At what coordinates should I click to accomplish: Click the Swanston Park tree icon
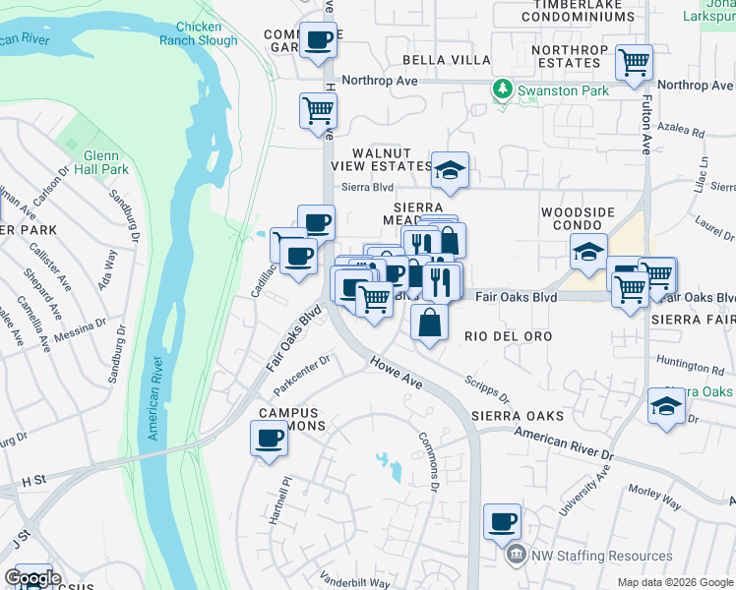(x=503, y=90)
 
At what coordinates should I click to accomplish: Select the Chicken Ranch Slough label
(x=206, y=33)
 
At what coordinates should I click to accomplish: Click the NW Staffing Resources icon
(x=516, y=557)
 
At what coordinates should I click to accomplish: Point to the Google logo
(x=32, y=577)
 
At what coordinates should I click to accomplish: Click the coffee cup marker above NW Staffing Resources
(x=503, y=520)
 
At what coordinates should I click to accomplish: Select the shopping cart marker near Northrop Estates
(x=634, y=63)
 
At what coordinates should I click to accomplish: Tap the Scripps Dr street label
(x=489, y=387)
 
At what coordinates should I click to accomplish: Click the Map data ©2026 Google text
(x=674, y=582)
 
